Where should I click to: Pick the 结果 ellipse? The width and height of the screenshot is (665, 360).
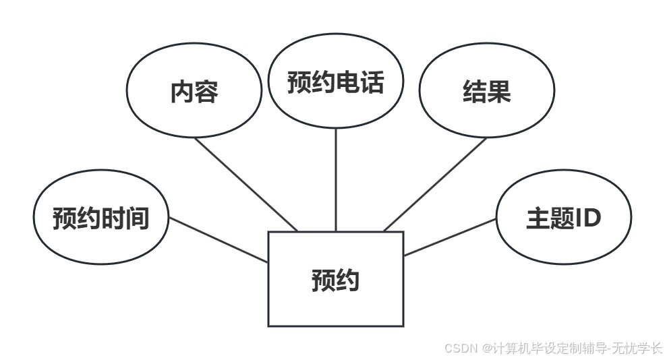486,111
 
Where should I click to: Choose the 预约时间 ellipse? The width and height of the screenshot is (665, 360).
100,236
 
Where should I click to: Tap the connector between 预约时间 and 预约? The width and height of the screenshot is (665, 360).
219,240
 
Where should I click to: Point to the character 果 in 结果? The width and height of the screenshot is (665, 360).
499,92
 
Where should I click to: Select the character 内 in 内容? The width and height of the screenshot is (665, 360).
181,92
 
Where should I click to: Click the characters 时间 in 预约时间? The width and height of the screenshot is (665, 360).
125,218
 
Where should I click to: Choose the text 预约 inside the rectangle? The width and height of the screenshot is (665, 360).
335,280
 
